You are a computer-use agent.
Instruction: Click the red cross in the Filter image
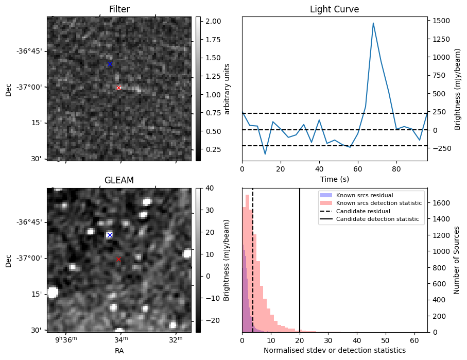click(x=118, y=88)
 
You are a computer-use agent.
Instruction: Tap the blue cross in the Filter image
click(x=110, y=64)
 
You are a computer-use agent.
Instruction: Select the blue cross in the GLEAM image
click(x=110, y=235)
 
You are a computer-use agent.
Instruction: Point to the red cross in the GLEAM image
click(x=118, y=259)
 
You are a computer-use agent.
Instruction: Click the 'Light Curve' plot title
click(x=334, y=9)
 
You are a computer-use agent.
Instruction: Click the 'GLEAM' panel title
click(x=119, y=180)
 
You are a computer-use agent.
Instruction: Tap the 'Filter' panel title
click(x=119, y=9)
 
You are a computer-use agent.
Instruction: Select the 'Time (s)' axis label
click(x=334, y=179)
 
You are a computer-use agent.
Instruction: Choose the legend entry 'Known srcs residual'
click(x=364, y=195)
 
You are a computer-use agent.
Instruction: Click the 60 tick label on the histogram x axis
click(x=414, y=340)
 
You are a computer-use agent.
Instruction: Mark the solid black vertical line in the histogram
click(x=300, y=258)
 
